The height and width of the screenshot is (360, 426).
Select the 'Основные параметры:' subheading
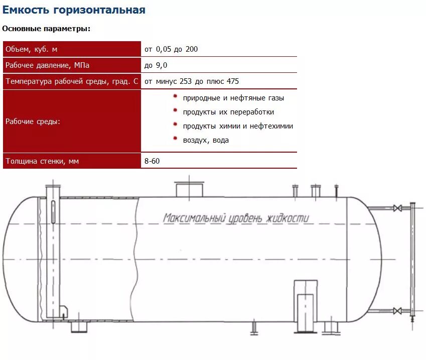click(x=46, y=29)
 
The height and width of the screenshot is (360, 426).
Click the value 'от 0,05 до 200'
click(x=171, y=49)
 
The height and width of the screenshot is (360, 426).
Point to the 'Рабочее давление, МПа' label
click(x=47, y=65)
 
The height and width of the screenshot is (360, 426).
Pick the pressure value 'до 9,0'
click(x=156, y=65)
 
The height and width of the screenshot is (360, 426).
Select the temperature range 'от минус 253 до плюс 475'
click(x=192, y=81)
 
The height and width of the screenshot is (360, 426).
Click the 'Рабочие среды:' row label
click(x=33, y=122)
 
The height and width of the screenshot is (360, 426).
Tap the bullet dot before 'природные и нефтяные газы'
click(x=175, y=96)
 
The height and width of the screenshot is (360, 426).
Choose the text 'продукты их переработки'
click(x=228, y=112)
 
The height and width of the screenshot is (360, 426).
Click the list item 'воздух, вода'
click(x=206, y=140)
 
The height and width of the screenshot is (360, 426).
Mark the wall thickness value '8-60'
click(x=153, y=161)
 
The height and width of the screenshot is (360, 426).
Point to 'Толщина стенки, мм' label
click(x=42, y=161)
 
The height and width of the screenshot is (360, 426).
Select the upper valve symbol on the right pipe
click(x=397, y=207)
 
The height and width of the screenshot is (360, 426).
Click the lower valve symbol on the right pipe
click(x=397, y=311)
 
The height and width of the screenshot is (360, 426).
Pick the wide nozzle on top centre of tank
click(x=189, y=190)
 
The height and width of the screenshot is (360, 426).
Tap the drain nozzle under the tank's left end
click(x=78, y=327)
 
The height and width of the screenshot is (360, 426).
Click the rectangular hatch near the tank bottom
click(x=305, y=306)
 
